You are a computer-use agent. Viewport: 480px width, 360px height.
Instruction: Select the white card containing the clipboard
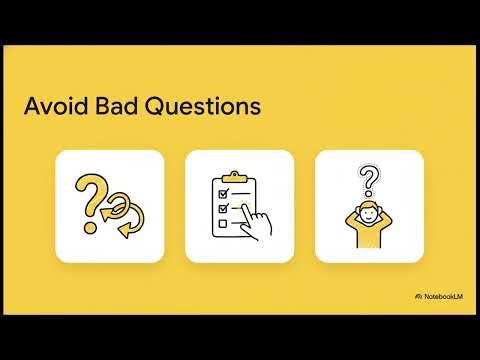(x=240, y=204)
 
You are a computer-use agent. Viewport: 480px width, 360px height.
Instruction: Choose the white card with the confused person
(x=369, y=204)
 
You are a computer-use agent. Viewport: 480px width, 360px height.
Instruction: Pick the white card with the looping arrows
(x=110, y=204)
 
